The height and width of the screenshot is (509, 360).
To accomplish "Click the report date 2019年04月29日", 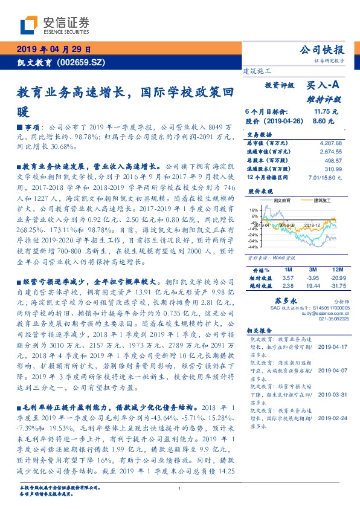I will [x=54, y=50].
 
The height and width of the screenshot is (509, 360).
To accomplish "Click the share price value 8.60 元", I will [x=323, y=121].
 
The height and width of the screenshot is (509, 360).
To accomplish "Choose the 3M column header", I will [x=313, y=268].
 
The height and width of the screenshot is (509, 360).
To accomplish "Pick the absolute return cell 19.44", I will [x=313, y=285].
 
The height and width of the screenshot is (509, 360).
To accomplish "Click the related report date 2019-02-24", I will [x=334, y=417].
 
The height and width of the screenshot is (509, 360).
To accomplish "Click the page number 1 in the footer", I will [x=180, y=490].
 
